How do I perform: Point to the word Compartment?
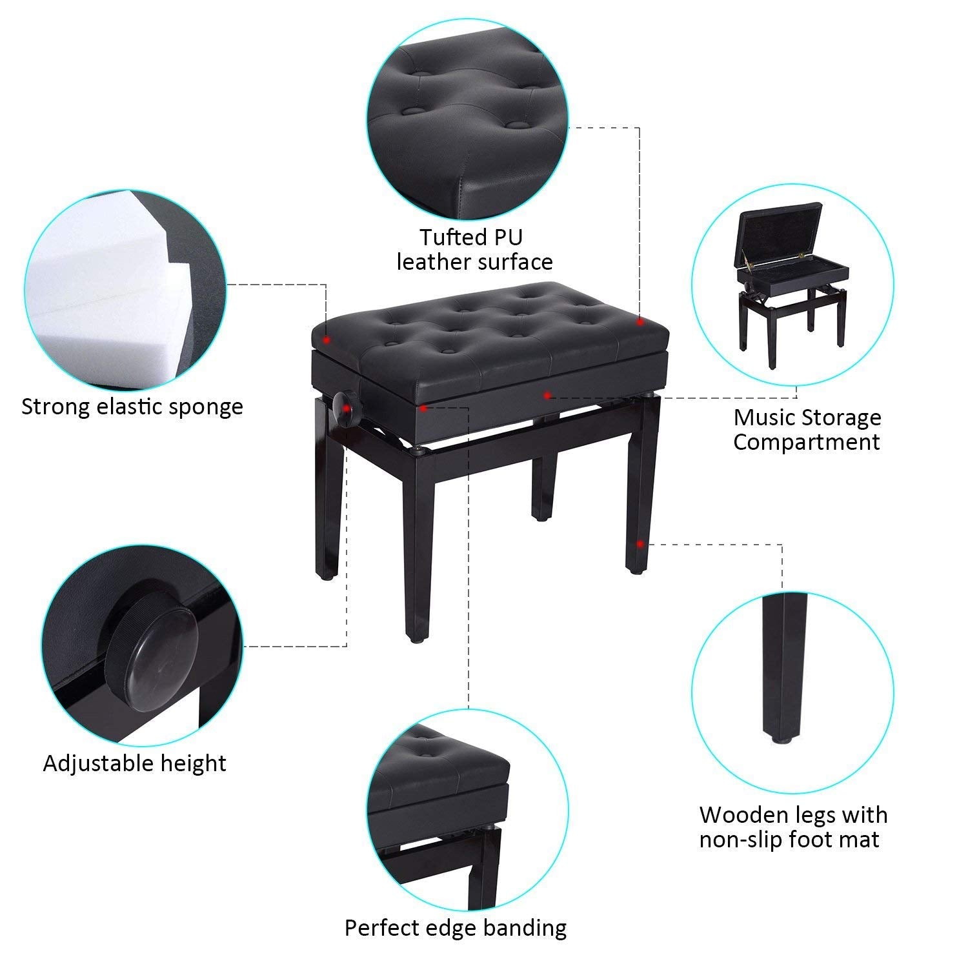pyautogui.click(x=806, y=442)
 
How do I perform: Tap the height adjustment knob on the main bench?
pyautogui.click(x=342, y=408)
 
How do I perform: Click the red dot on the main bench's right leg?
pyautogui.click(x=639, y=543)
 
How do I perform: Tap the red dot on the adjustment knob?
pyautogui.click(x=347, y=408)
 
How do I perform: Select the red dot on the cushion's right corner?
pyautogui.click(x=639, y=321)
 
